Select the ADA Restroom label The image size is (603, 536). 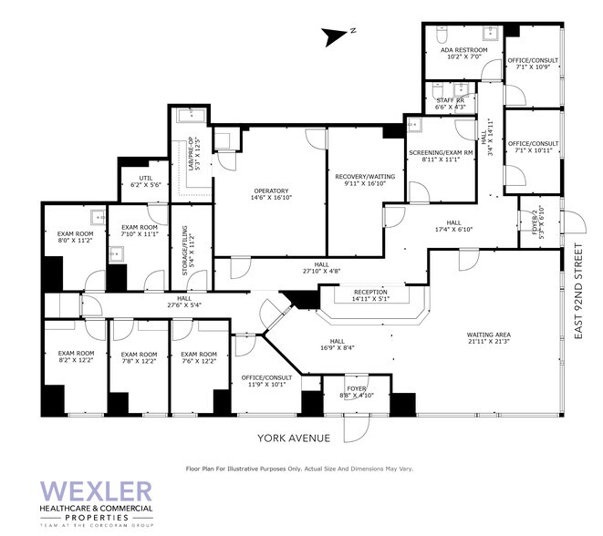(464, 50)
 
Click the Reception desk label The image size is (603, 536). (370, 293)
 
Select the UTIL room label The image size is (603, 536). (145, 179)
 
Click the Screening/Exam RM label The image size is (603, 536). (441, 153)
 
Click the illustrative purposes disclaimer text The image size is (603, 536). (299, 468)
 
